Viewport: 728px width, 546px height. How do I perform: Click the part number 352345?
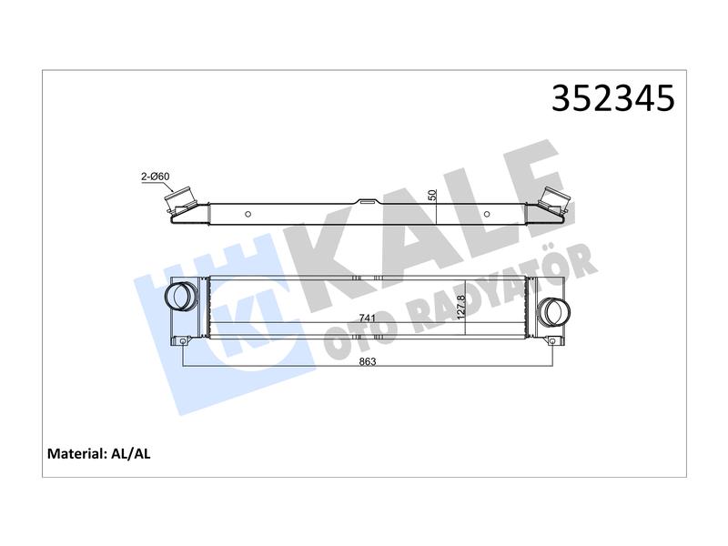coord(612,98)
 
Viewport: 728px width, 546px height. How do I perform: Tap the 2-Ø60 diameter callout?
coord(155,177)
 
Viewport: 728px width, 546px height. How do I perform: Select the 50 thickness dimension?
coord(433,195)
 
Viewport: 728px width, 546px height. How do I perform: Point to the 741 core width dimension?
coord(367,318)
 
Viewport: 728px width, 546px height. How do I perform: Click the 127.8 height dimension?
coord(460,308)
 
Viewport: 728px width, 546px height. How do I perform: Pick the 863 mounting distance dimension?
coord(368,361)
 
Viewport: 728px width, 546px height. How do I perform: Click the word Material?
coord(77,453)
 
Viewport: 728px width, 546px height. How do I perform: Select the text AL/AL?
coord(131,453)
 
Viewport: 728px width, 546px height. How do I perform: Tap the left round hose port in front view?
coord(179,296)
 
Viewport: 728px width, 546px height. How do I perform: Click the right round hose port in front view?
coord(554,311)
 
